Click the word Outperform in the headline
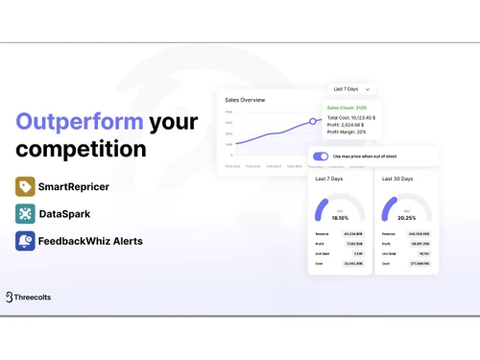(80, 122)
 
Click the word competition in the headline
(81, 149)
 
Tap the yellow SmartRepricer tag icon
(25, 186)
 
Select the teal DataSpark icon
(25, 214)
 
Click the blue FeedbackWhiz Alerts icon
(25, 241)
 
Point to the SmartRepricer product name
(73, 186)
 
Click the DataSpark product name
(64, 214)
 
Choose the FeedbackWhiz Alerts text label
(90, 241)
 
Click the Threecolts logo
(29, 298)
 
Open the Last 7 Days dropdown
(350, 89)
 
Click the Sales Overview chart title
(245, 100)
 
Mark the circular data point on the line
(313, 122)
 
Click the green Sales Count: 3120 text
(347, 108)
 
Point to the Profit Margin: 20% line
(347, 132)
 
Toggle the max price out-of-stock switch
(321, 156)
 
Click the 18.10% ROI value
(340, 218)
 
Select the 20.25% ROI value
(407, 218)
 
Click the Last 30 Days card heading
(397, 179)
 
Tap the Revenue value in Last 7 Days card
(352, 233)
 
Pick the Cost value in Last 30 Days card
(420, 263)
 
